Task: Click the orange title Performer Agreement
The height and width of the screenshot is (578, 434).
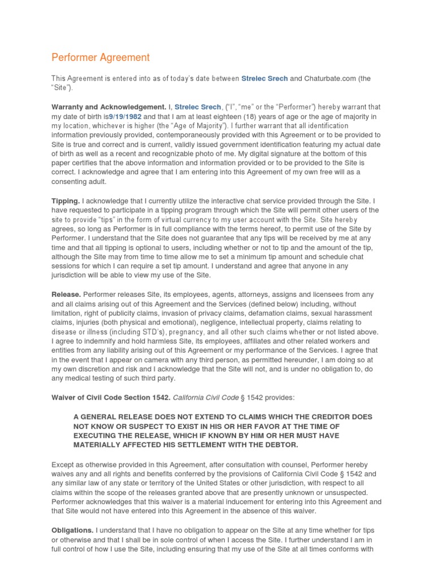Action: tap(101, 57)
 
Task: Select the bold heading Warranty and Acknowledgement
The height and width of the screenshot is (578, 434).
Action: tap(108, 107)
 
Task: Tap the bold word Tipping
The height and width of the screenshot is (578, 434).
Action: tap(66, 200)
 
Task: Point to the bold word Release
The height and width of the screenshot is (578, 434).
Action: tap(67, 294)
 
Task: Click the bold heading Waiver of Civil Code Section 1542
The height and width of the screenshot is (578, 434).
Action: tap(110, 397)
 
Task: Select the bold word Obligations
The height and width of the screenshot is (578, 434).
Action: tap(73, 531)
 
